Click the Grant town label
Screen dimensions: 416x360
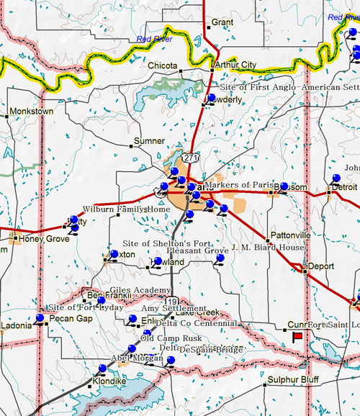(x=222, y=23)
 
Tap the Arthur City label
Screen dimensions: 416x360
(x=236, y=65)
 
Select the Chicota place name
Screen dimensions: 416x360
(x=162, y=65)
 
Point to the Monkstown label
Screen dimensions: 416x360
(x=31, y=112)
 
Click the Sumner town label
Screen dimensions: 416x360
(x=150, y=141)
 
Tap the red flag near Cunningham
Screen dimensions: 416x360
(x=297, y=336)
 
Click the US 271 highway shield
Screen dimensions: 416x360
(x=189, y=156)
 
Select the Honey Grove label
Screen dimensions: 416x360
(x=44, y=239)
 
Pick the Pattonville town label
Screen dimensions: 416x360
(x=290, y=235)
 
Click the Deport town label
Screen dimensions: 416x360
(x=320, y=266)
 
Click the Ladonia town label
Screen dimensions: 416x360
(x=16, y=325)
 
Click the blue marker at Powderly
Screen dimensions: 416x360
(x=211, y=98)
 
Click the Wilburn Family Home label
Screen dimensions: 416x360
(x=127, y=209)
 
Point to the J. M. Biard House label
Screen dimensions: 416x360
(x=268, y=247)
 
